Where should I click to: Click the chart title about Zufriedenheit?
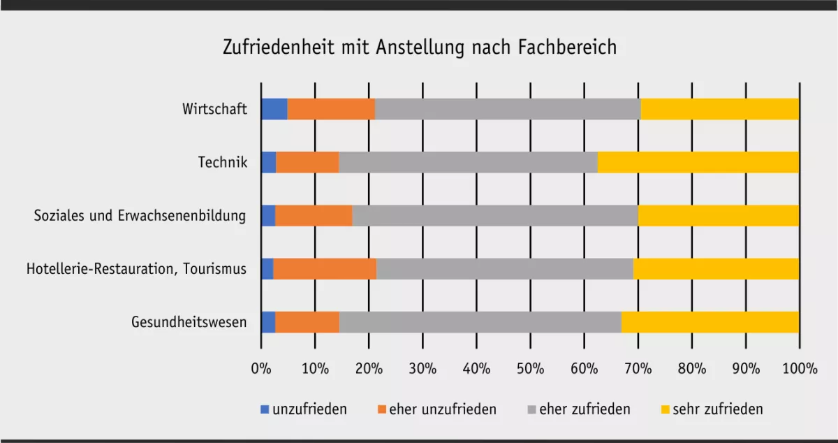click(x=419, y=48)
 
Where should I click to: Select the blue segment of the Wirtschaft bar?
click(x=274, y=109)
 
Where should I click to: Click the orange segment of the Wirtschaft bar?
click(x=331, y=109)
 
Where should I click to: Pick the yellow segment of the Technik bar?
click(x=698, y=162)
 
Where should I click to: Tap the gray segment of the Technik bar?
click(x=468, y=162)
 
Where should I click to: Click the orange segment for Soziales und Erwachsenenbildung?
click(x=314, y=215)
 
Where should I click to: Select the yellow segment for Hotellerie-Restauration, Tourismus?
click(x=716, y=269)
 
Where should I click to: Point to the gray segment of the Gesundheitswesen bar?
click(x=480, y=322)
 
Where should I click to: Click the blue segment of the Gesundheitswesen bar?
click(x=268, y=322)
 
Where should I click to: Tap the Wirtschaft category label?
click(x=214, y=109)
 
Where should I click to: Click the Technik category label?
click(x=223, y=162)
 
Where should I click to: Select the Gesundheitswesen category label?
click(x=189, y=322)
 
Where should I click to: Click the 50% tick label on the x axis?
click(x=530, y=369)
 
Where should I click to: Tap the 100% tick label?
click(x=799, y=369)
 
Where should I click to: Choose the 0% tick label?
click(x=261, y=369)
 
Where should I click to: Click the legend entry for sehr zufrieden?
click(x=717, y=409)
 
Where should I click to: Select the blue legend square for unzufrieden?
click(x=265, y=409)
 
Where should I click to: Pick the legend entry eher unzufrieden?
click(x=443, y=409)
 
